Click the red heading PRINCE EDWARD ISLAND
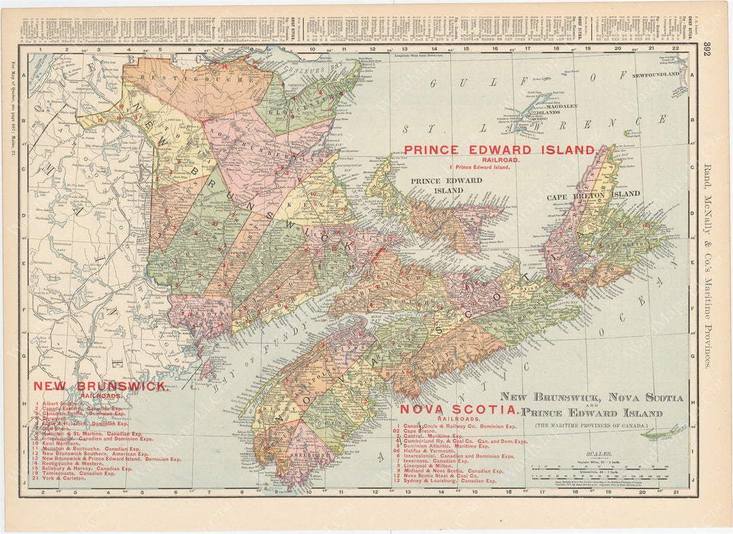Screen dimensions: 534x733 [499, 149]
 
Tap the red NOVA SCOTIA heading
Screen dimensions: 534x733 [459, 410]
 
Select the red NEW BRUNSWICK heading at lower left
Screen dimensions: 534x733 [100, 386]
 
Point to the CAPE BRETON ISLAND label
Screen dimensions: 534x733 [593, 194]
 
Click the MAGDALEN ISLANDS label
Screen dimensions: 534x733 [560, 109]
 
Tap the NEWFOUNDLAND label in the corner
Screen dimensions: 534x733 [656, 74]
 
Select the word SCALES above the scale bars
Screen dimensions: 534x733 [600, 452]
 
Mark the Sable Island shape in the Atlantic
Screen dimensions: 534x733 [663, 430]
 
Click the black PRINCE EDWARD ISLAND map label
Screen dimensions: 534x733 [446, 185]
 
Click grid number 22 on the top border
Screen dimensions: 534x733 [675, 48]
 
